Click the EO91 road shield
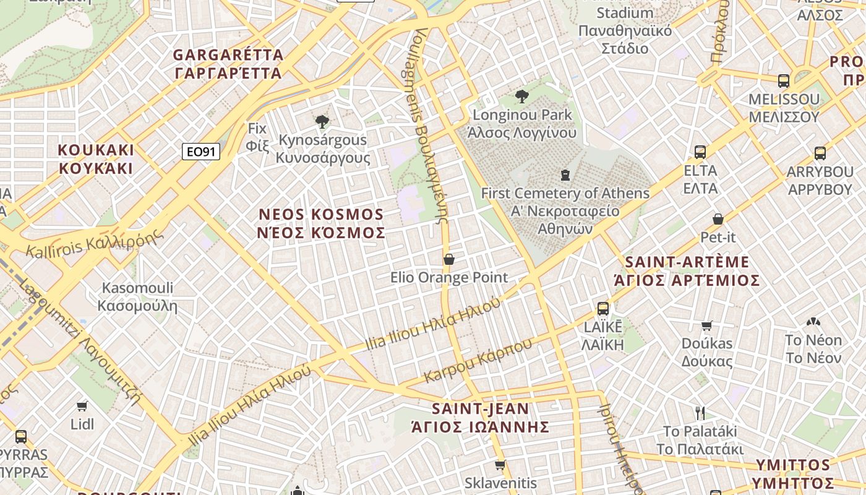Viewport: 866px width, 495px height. [201, 152]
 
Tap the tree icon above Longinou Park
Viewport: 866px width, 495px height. [522, 96]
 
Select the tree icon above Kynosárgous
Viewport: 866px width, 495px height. [322, 121]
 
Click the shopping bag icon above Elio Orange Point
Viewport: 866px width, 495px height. [449, 259]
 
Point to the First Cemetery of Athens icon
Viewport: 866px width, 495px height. [565, 175]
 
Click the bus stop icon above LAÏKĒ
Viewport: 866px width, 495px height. [603, 308]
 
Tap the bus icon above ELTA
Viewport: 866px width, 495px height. [700, 152]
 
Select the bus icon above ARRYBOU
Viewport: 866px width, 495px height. [820, 153]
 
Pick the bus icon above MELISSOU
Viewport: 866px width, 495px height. [784, 80]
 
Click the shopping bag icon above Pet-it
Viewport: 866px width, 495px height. [718, 219]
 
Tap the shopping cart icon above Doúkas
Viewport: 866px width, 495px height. [707, 325]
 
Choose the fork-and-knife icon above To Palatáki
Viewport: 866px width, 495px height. [700, 413]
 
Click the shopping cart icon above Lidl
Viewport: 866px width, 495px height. [82, 406]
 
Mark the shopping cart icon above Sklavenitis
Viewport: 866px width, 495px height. [500, 465]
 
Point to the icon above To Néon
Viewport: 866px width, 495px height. [813, 322]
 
